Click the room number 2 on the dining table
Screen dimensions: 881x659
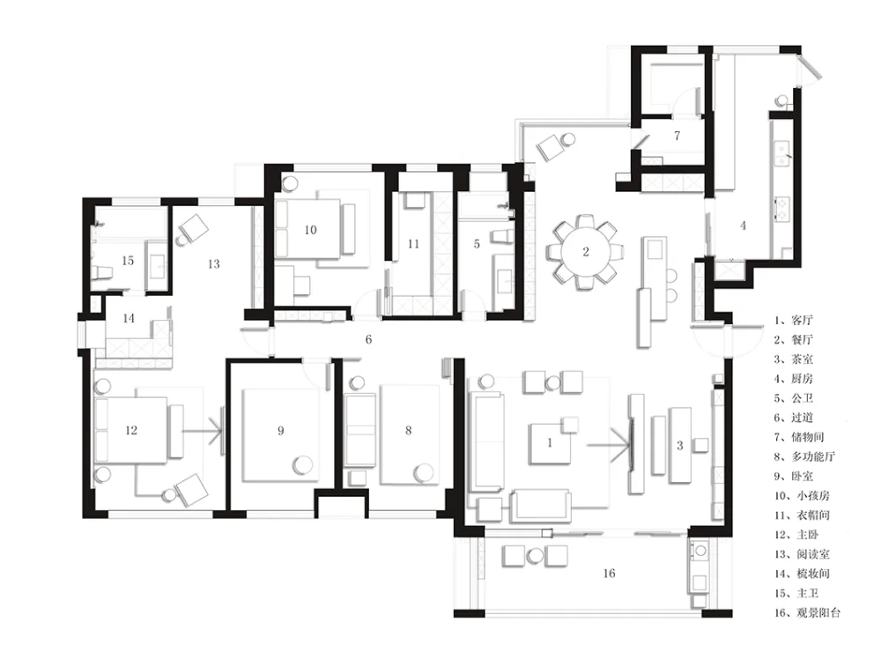click(x=586, y=252)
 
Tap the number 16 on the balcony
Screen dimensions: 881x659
click(x=609, y=573)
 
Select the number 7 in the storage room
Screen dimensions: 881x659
click(x=677, y=136)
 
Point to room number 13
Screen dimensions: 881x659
click(x=213, y=263)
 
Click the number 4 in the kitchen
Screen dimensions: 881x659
click(x=743, y=226)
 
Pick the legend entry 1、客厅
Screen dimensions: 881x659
click(x=794, y=320)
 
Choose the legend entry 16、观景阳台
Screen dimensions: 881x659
click(x=807, y=612)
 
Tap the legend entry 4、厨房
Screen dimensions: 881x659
click(x=794, y=379)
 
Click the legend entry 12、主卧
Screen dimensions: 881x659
click(x=796, y=534)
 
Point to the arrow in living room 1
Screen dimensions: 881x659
click(x=610, y=446)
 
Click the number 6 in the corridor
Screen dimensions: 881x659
click(x=368, y=339)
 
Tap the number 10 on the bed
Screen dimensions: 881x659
click(x=310, y=230)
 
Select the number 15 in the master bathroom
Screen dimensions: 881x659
click(x=128, y=261)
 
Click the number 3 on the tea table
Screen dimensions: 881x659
click(x=680, y=446)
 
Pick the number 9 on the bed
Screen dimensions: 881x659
click(x=280, y=430)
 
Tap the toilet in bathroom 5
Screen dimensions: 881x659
click(x=502, y=235)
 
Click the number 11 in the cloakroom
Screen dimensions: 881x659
click(x=413, y=244)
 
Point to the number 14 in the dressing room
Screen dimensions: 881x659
click(x=129, y=318)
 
